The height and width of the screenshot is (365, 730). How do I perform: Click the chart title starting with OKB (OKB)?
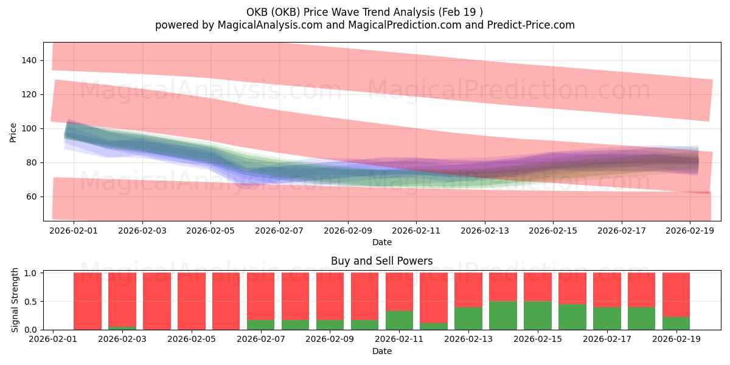click(x=365, y=12)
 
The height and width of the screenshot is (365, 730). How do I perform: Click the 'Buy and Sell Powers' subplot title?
click(x=381, y=261)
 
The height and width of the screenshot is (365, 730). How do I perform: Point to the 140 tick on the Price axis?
click(x=30, y=60)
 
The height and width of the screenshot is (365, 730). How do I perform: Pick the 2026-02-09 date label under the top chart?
click(x=348, y=232)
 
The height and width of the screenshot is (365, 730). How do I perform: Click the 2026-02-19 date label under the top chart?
click(x=690, y=232)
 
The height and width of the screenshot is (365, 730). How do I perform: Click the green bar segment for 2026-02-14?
click(x=503, y=316)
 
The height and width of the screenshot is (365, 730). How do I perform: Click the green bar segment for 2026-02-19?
click(x=676, y=324)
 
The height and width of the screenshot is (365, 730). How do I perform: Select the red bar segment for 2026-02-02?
click(x=88, y=301)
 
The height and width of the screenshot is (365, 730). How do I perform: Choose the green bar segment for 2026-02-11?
click(x=399, y=321)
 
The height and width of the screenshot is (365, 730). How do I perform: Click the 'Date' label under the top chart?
click(x=381, y=242)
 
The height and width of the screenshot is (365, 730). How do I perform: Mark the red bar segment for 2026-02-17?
click(x=607, y=290)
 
